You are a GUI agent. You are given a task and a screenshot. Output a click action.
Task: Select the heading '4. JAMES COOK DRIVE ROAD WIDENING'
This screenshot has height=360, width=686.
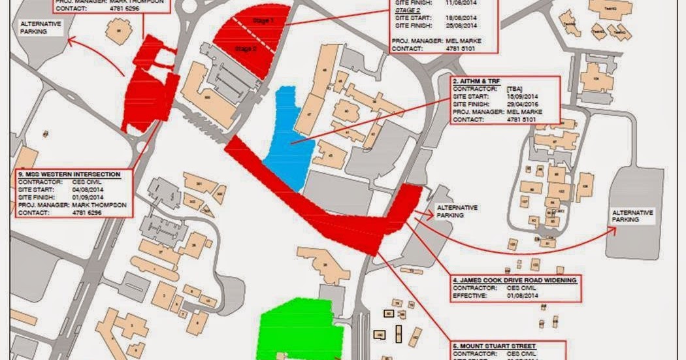pyautogui.click(x=515, y=280)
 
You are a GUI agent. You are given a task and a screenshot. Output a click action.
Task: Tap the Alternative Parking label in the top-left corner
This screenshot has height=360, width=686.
pyautogui.click(x=40, y=27)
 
